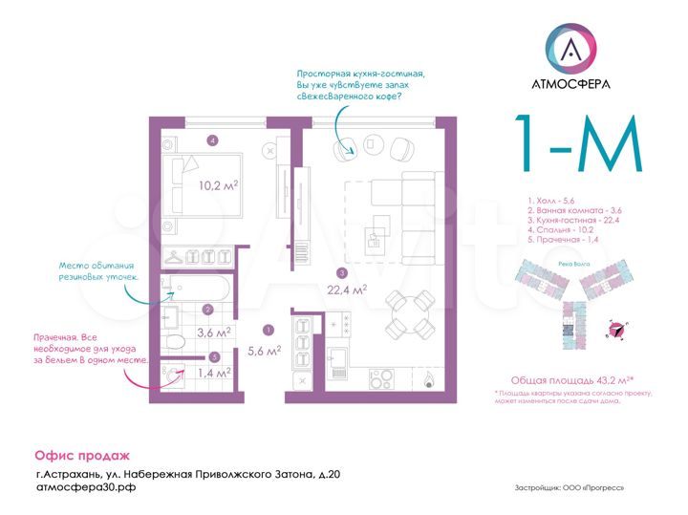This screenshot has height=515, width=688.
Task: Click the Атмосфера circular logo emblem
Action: tap(570, 47)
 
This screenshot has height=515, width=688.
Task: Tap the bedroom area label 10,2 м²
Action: tap(218, 186)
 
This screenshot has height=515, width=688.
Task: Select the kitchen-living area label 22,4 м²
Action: tap(348, 289)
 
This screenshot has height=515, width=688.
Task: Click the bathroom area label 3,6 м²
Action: tap(213, 333)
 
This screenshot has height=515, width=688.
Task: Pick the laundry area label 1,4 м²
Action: tap(213, 373)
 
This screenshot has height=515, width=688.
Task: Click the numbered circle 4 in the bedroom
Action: tap(212, 140)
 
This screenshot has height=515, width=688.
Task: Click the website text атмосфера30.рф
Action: tap(85, 487)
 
